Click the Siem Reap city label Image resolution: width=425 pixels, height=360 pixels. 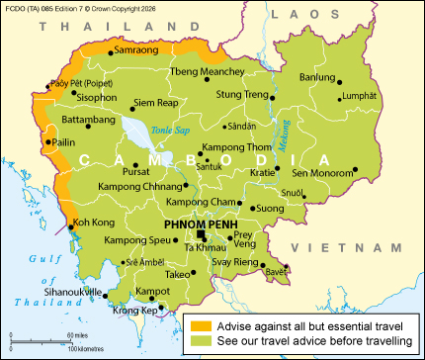pyautogui.click(x=156, y=102)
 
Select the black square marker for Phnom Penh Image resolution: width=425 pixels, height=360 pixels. pyautogui.click(x=201, y=234)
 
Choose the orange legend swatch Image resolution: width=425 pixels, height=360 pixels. pyautogui.click(x=200, y=323)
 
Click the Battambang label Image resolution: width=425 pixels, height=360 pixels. pyautogui.click(x=61, y=119)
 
